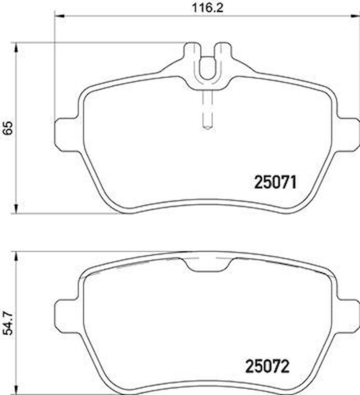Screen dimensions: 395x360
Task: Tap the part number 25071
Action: pos(275,183)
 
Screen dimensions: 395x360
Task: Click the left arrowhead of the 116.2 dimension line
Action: pos(59,15)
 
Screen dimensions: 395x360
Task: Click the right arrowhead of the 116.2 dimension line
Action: pos(355,15)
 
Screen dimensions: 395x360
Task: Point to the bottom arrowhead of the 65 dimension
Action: pos(16,209)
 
